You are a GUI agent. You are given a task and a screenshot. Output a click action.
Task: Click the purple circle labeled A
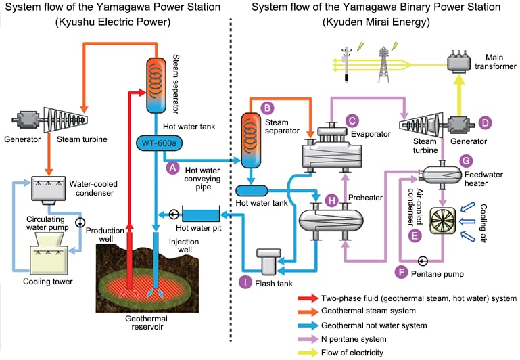(171, 166)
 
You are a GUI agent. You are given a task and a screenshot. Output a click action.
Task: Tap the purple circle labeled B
(268, 107)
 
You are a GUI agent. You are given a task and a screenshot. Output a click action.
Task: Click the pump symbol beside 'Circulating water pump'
(80, 221)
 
